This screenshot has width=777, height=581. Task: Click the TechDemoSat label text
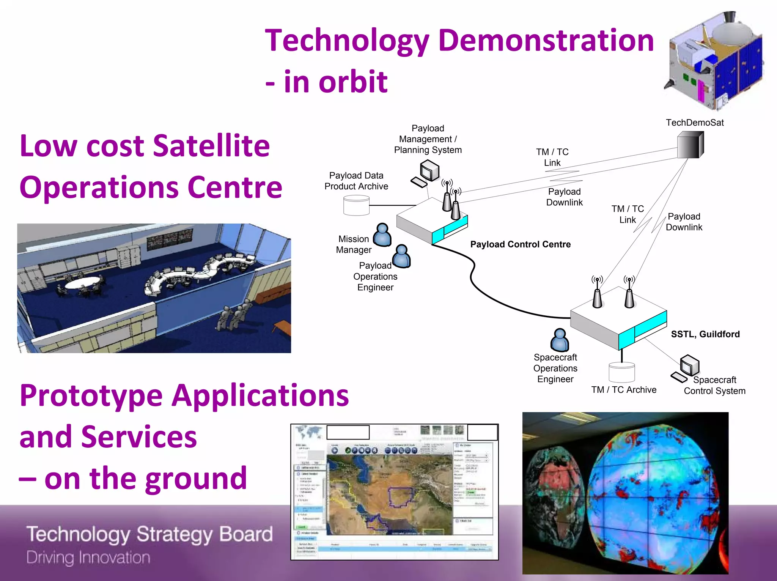(x=695, y=123)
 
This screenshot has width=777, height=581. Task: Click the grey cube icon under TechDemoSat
(x=690, y=145)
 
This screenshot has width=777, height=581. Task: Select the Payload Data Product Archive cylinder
(x=356, y=205)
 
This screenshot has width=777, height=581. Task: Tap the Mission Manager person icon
(x=382, y=235)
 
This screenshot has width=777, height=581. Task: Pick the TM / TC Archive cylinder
(x=621, y=372)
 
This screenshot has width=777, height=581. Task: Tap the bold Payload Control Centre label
(x=520, y=244)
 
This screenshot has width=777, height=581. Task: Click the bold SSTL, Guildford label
(x=705, y=334)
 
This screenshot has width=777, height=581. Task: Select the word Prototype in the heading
(x=91, y=396)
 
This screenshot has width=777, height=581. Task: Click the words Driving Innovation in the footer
(x=88, y=557)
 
